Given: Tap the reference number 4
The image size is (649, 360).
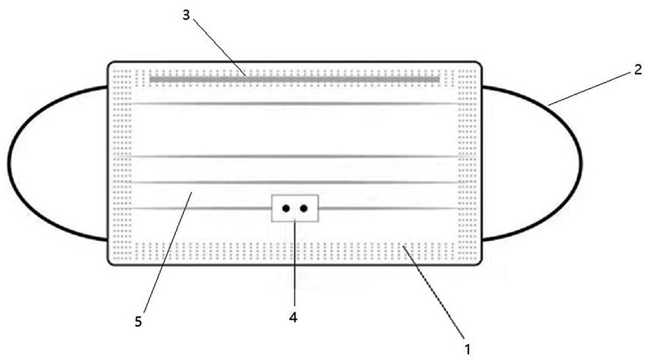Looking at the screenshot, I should point(293,317).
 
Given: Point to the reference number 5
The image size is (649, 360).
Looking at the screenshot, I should point(138,322).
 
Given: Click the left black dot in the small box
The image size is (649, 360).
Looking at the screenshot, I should point(286,208).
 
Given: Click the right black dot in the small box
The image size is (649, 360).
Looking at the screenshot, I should point(304,208).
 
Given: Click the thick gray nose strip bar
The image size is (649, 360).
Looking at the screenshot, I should point(294,79).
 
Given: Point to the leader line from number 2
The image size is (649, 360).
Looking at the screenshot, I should point(589,87).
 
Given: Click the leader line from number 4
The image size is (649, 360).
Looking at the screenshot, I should point(294,265).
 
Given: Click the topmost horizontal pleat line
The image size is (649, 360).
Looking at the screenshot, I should point(294,104).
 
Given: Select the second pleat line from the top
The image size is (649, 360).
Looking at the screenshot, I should point(294,157).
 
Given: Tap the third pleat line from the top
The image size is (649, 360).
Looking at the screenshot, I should point(294,182).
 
